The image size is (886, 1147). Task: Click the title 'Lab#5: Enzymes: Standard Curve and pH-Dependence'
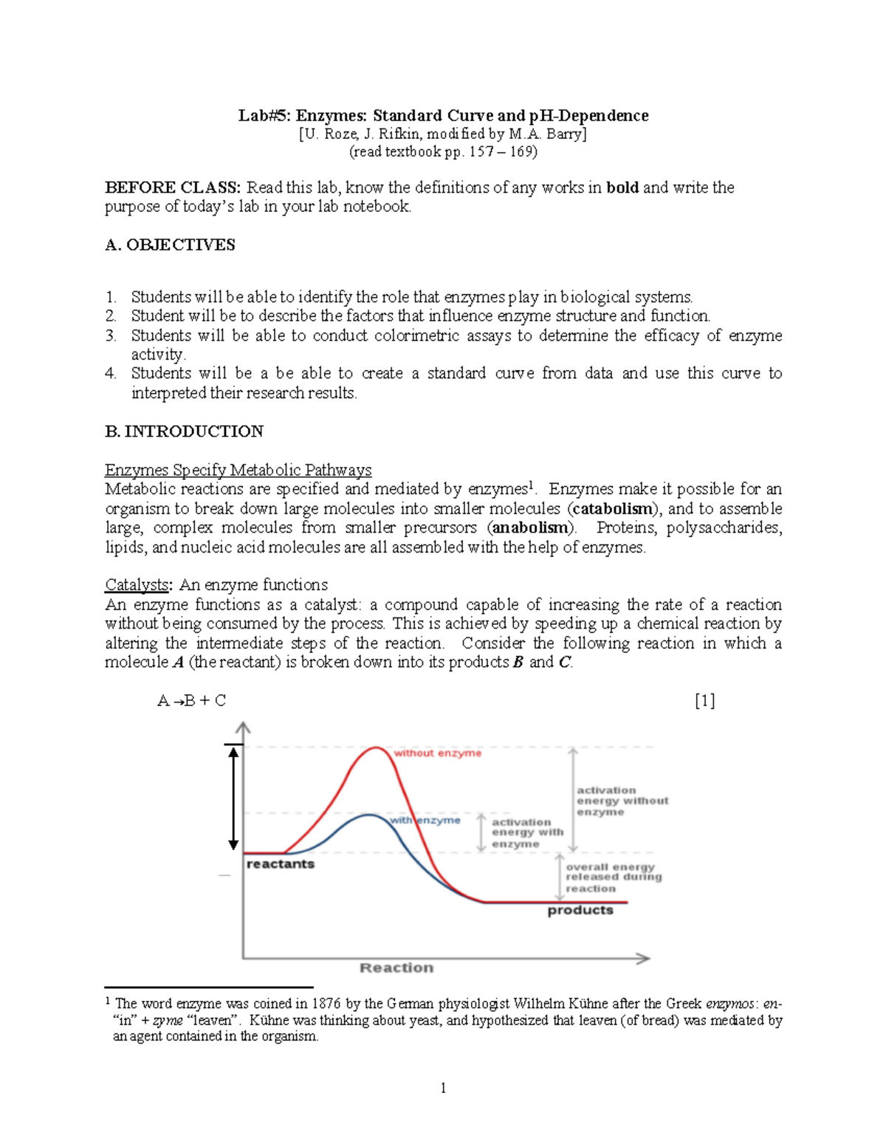coord(443,116)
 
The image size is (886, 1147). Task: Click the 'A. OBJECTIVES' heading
coord(170,245)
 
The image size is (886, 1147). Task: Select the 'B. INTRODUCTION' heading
coord(184,431)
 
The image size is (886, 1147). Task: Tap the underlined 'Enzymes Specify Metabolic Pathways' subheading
coord(238,470)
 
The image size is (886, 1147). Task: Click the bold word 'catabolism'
coord(613,509)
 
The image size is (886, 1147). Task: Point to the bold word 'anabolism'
coord(530,528)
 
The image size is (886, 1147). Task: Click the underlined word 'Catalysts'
coord(137,585)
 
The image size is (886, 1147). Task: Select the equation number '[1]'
coord(704,701)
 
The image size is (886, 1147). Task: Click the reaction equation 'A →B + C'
coord(191,701)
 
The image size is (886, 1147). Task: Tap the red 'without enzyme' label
coord(437,753)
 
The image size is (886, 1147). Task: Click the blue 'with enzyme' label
coord(425,821)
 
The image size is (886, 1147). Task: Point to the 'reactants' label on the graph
coord(280,864)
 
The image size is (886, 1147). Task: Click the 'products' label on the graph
coord(580,911)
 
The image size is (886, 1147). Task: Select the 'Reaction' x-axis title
coord(396,968)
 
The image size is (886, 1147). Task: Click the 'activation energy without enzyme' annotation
coord(622,801)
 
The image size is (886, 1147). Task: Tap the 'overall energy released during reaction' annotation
coord(613,877)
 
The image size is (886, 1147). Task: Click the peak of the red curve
coord(377,748)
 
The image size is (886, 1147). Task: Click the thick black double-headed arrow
coord(233,798)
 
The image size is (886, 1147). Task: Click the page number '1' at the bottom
coord(443,1088)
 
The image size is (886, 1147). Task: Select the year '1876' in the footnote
coord(326,1004)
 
